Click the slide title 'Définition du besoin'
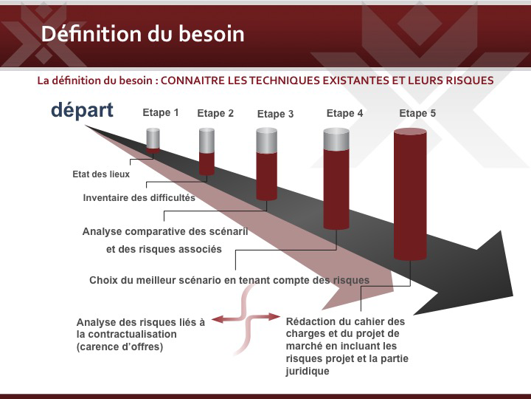click(x=142, y=34)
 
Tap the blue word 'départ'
click(x=83, y=111)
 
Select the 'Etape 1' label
click(x=161, y=112)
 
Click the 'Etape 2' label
click(x=215, y=113)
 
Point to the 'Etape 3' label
click(x=275, y=114)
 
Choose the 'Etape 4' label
click(x=344, y=113)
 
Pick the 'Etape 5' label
click(x=417, y=113)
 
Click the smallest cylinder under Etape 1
click(x=153, y=140)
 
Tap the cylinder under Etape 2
click(x=206, y=151)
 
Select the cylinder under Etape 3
click(x=266, y=164)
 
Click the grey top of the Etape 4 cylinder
click(x=336, y=139)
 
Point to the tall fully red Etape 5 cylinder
click(x=410, y=194)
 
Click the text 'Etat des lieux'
click(x=101, y=174)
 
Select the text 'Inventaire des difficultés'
click(x=139, y=197)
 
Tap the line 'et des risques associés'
click(x=164, y=249)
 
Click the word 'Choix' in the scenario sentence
click(x=103, y=280)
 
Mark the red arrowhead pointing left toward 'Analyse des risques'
click(x=218, y=319)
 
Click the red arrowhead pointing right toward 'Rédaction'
click(x=274, y=316)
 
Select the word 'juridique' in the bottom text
click(x=308, y=371)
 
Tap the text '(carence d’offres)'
click(x=120, y=347)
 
